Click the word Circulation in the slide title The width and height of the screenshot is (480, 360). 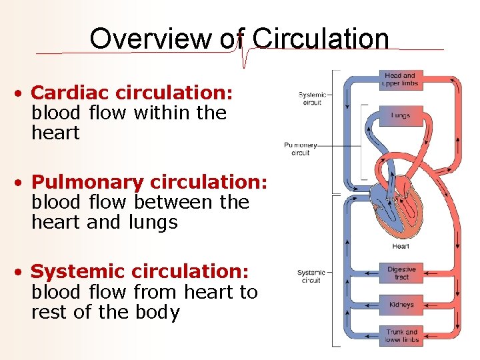(321, 39)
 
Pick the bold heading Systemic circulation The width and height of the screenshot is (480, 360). (140, 271)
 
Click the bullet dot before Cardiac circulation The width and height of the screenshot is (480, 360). (22, 93)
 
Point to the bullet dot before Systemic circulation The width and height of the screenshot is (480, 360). (22, 272)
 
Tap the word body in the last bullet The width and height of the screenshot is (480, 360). (157, 312)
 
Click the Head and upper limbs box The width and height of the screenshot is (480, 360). (400, 80)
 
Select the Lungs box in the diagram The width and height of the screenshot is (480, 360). (400, 115)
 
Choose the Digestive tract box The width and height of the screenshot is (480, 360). (401, 273)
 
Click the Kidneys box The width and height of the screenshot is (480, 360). (401, 305)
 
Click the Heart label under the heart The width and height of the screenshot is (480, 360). (401, 246)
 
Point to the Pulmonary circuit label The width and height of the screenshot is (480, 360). (301, 149)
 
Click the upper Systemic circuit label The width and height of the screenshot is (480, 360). (312, 99)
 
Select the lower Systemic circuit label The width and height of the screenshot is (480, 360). (311, 276)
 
